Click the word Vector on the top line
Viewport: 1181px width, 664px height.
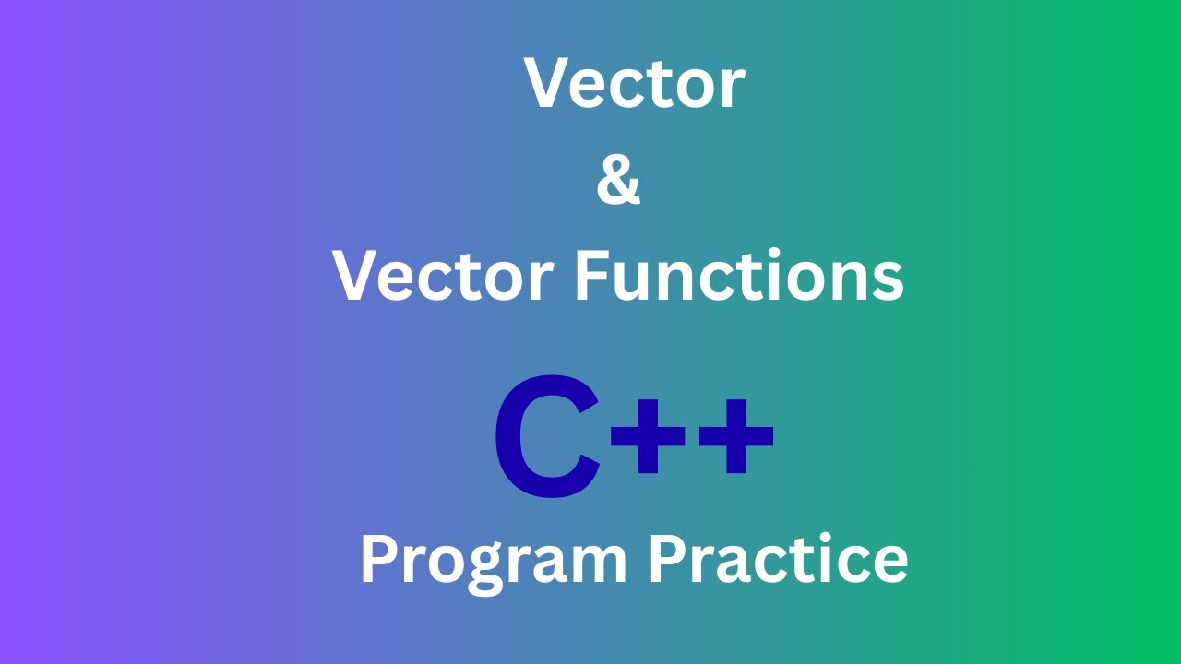coord(635,83)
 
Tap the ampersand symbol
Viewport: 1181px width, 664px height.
coord(618,180)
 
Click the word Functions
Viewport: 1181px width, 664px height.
coord(738,277)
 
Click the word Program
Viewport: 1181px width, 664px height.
coord(493,561)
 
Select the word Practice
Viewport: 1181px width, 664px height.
coord(778,559)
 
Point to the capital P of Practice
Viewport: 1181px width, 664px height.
coord(666,559)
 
